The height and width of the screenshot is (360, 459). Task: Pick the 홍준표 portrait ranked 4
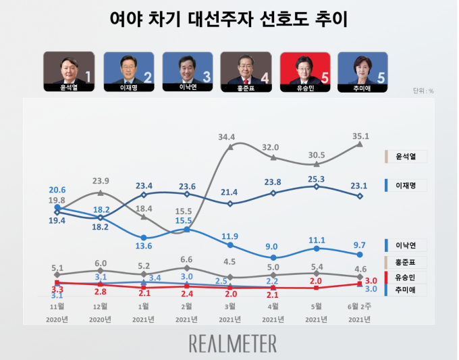(246, 70)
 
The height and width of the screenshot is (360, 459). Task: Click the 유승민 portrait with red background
(304, 70)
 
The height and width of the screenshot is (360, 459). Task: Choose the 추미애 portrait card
(363, 70)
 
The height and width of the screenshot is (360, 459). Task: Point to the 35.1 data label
(360, 136)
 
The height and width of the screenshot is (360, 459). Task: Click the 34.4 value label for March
(227, 138)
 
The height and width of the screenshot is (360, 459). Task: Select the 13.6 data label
(144, 245)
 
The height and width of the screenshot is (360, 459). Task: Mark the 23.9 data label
(101, 181)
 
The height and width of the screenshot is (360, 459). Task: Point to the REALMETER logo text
(233, 342)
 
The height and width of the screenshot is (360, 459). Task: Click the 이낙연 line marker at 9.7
(360, 255)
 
